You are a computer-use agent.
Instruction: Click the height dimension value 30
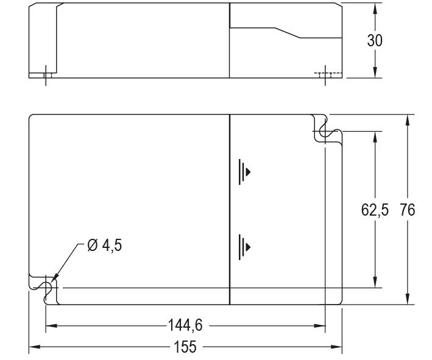375,40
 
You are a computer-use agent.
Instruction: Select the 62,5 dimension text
375,210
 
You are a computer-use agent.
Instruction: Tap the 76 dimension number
407,210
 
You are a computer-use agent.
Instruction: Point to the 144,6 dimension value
185,326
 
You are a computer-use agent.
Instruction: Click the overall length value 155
185,347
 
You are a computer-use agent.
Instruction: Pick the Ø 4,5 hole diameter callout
104,247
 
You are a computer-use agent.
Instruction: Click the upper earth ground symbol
244,171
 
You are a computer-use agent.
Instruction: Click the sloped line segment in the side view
288,32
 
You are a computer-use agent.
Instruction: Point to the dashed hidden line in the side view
324,72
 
